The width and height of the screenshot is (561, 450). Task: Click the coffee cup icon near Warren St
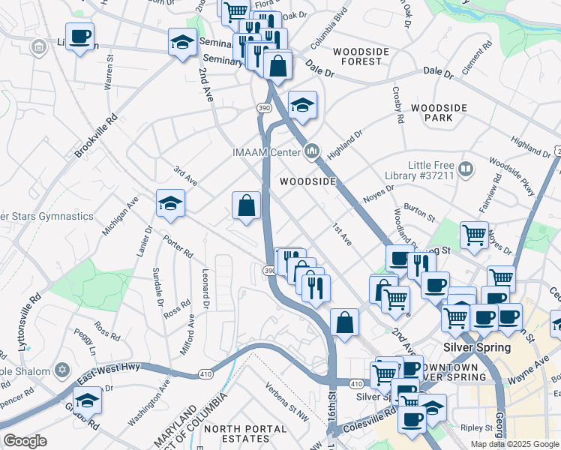[x=79, y=36]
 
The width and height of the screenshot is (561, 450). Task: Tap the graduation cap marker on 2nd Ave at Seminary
[x=182, y=42]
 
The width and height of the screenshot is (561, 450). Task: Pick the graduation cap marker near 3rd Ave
[x=170, y=203]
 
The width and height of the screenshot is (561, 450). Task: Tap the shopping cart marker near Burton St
[x=474, y=235]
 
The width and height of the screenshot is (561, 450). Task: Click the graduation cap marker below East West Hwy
[x=87, y=400]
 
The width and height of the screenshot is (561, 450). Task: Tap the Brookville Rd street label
[x=97, y=135]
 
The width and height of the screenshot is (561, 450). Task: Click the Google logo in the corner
[x=25, y=440]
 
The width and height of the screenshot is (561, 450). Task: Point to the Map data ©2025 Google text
[x=514, y=444]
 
